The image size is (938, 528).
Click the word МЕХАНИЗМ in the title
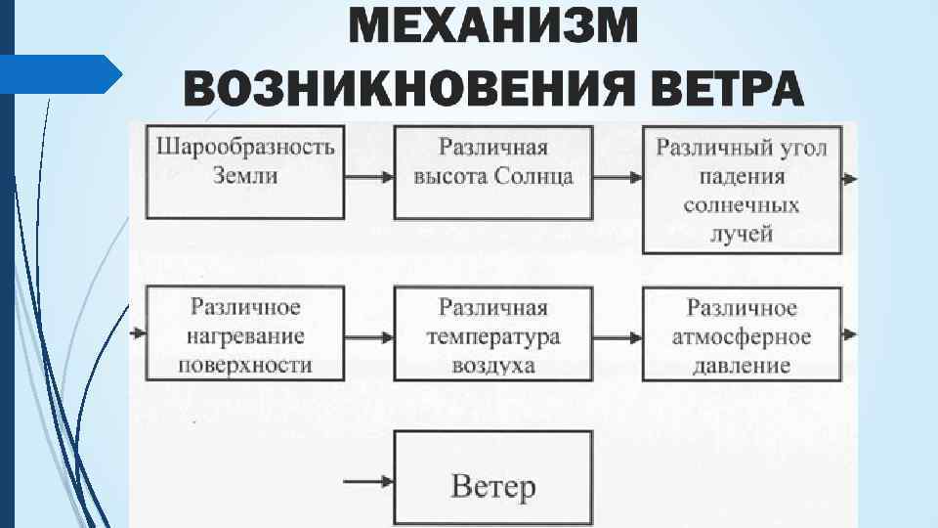click(x=493, y=24)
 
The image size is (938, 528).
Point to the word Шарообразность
click(x=245, y=148)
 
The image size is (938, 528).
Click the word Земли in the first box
click(x=245, y=176)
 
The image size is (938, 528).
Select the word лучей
click(x=742, y=233)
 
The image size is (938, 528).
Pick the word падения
click(x=742, y=177)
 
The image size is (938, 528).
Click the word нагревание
click(x=245, y=337)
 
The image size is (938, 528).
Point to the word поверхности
click(x=245, y=366)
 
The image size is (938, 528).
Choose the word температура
click(x=492, y=337)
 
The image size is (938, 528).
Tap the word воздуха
click(x=492, y=366)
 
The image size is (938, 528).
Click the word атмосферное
click(x=742, y=337)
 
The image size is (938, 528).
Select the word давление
click(x=742, y=367)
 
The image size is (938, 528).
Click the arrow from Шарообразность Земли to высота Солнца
click(x=369, y=178)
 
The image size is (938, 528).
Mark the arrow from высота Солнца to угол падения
click(x=617, y=178)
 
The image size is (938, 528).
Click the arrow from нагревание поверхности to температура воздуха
click(x=369, y=335)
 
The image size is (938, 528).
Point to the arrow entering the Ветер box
click(x=369, y=480)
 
